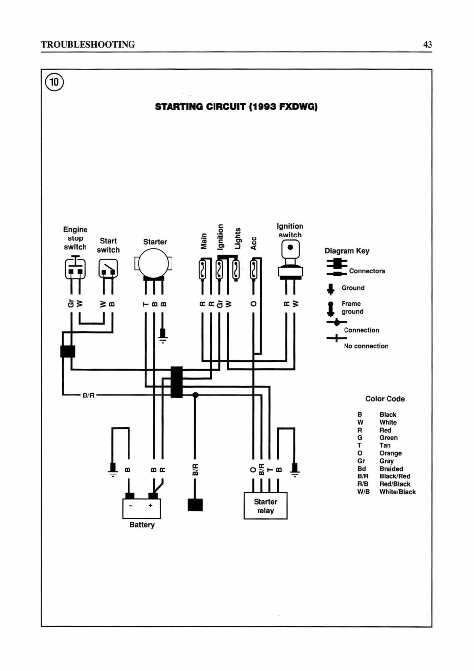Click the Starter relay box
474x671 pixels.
click(x=265, y=506)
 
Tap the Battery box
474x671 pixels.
click(x=141, y=509)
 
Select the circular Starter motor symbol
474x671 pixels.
click(x=154, y=264)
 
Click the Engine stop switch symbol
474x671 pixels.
click(x=75, y=269)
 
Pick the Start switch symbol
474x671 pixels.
click(x=108, y=269)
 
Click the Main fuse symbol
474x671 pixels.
click(x=202, y=270)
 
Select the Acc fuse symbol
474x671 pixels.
click(x=254, y=270)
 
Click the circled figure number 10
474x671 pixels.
click(x=54, y=82)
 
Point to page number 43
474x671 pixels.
click(x=428, y=44)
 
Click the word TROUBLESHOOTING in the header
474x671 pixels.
click(x=88, y=44)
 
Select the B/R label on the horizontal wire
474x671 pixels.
click(x=88, y=395)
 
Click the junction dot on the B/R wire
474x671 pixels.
click(x=195, y=395)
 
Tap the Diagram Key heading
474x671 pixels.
click(x=347, y=251)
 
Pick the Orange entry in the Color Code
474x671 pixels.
click(x=390, y=453)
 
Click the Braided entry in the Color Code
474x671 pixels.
click(x=391, y=469)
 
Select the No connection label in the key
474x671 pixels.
click(x=366, y=346)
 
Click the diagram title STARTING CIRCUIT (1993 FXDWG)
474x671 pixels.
click(x=236, y=107)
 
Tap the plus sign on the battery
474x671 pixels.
click(x=150, y=505)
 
